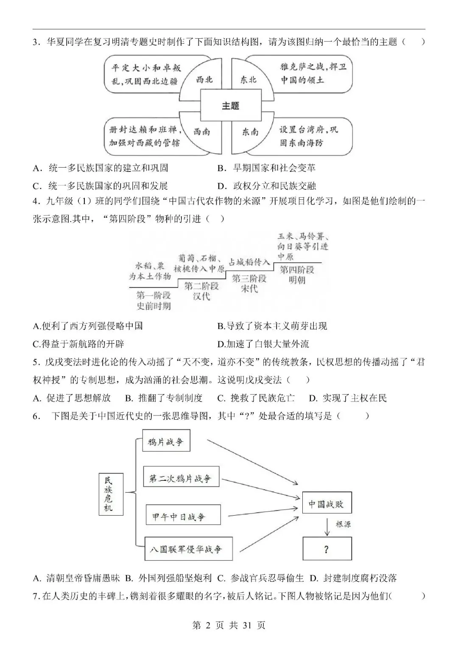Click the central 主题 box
(x=230, y=106)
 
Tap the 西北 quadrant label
(x=204, y=79)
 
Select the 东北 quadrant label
(x=249, y=79)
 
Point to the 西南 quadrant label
(x=202, y=132)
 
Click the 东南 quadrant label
(x=250, y=132)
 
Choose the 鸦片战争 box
(x=166, y=441)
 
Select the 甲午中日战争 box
(x=183, y=516)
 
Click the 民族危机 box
(x=109, y=494)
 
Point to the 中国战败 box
(x=327, y=504)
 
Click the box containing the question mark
(x=327, y=549)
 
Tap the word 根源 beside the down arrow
(x=343, y=525)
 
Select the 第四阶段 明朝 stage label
(x=297, y=275)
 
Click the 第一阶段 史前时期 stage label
(x=154, y=300)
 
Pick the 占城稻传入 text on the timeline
(x=249, y=262)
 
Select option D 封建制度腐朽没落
(x=353, y=578)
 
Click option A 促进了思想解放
(x=72, y=398)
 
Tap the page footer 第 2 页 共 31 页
(x=229, y=626)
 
